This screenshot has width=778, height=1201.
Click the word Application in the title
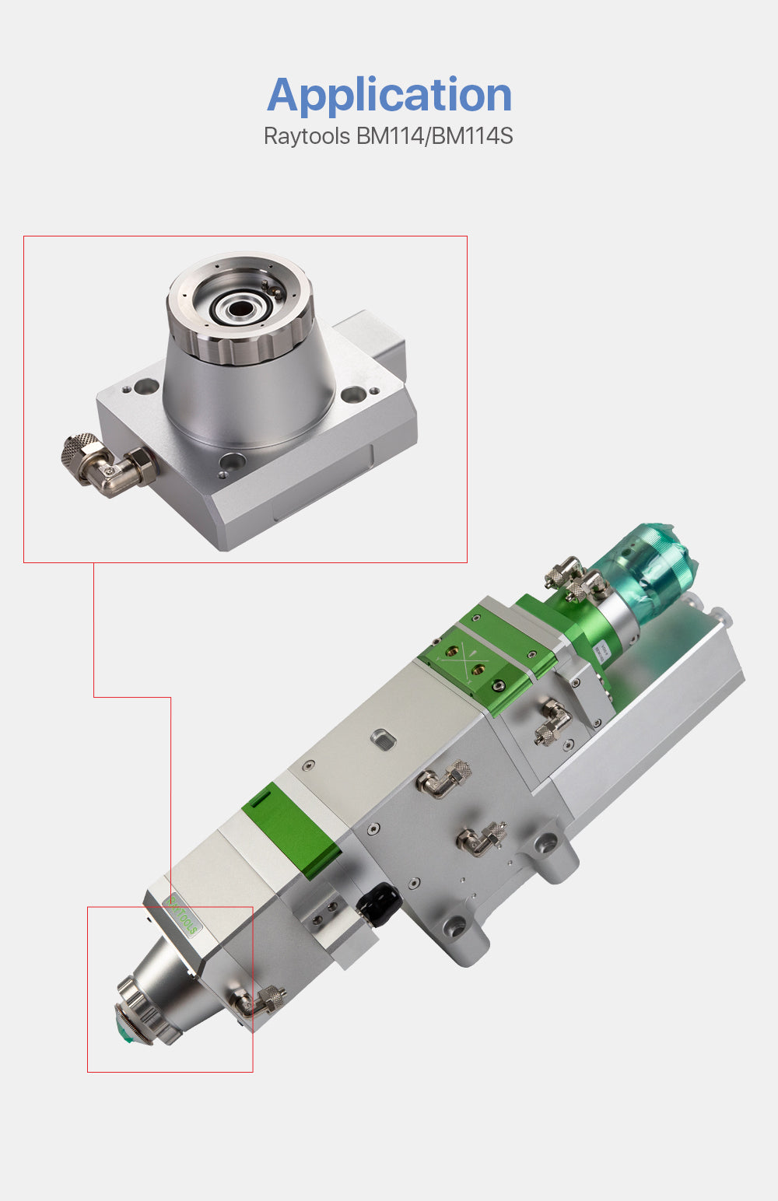coord(389,95)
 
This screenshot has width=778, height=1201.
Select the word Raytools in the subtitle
coord(307,136)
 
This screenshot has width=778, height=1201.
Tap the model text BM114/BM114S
coord(434,136)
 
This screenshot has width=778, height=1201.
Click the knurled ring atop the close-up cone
coord(240,342)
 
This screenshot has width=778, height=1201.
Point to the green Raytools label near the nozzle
coord(184,916)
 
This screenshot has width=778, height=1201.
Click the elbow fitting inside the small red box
coord(259,1001)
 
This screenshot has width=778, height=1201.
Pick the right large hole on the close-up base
coord(352,397)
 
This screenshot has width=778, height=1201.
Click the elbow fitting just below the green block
coord(552,720)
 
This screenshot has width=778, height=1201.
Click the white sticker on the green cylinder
coord(601,652)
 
